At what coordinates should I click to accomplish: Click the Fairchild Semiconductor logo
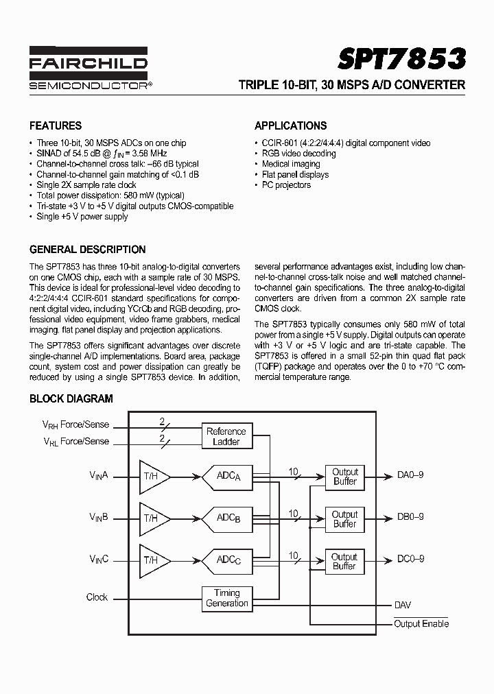point(89,68)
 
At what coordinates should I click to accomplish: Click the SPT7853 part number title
point(401,60)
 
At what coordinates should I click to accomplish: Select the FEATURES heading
point(56,126)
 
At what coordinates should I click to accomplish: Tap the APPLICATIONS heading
point(290,126)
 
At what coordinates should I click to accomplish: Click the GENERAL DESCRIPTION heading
point(87,250)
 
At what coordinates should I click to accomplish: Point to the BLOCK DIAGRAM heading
point(71,398)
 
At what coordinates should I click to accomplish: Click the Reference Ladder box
point(226,437)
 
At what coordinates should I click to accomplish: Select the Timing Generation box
point(226,598)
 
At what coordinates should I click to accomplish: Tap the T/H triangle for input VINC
point(153,560)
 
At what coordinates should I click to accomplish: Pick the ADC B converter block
point(227,518)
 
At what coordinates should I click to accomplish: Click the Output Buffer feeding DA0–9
point(344,477)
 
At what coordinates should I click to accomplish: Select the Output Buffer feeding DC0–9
point(344,561)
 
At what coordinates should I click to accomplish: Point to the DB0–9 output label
point(410,517)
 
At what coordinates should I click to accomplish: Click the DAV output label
point(403,606)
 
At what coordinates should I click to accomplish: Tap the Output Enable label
point(421,623)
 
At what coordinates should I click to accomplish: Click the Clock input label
point(97,597)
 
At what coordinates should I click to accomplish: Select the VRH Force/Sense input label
point(76,425)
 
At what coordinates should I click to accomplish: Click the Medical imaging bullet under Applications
point(291,164)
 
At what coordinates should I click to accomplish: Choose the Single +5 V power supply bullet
point(82,217)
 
